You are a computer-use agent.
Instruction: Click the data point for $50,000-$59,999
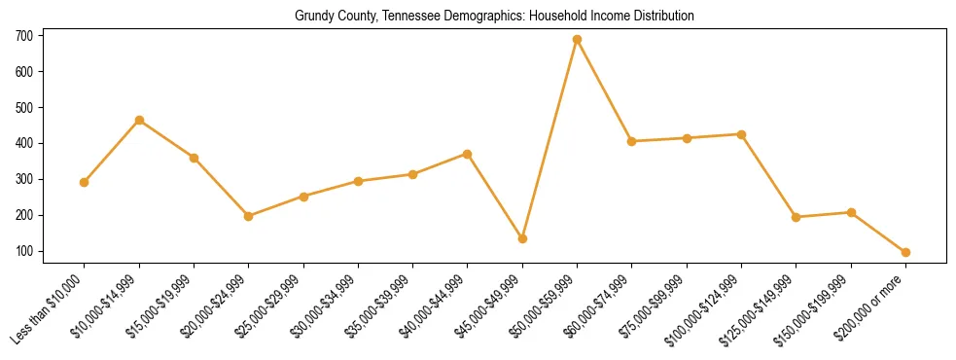[x=577, y=39]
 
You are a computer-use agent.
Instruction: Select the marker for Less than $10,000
[x=85, y=182]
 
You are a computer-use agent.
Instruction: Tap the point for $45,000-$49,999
[x=522, y=238]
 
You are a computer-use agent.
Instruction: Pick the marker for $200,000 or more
[x=905, y=252]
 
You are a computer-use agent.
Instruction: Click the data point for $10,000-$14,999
[x=139, y=120]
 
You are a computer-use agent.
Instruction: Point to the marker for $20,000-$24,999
[x=249, y=216]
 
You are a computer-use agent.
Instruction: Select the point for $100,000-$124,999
[x=741, y=134]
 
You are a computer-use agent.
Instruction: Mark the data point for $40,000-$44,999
[x=468, y=154]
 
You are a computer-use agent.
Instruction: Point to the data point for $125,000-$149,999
[x=796, y=217]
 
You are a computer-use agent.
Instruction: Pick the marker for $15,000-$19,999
[x=194, y=158]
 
